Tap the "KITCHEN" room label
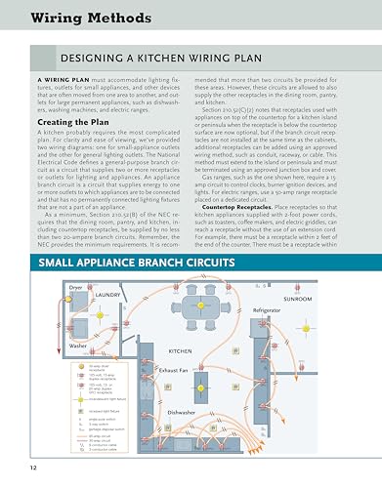point(185,349)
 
